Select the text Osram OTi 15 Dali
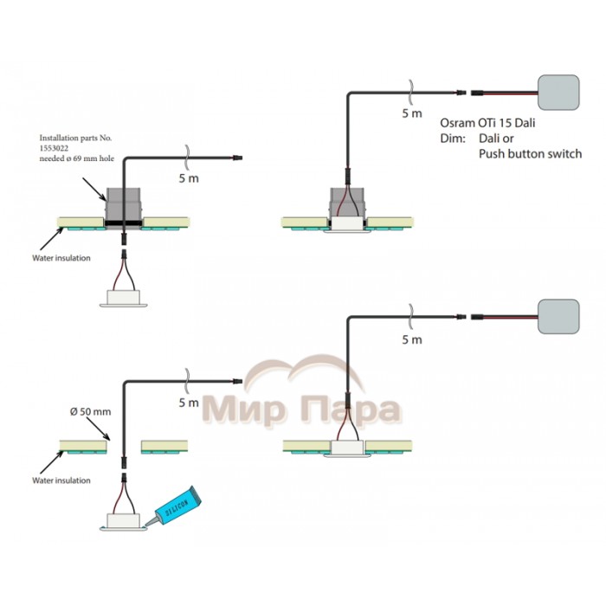pyautogui.click(x=487, y=123)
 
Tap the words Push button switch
pyautogui.click(x=530, y=153)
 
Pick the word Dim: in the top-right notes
pyautogui.click(x=452, y=139)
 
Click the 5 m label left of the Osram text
pyautogui.click(x=412, y=113)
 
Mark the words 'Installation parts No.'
pyautogui.click(x=75, y=138)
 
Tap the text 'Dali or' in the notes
pyautogui.click(x=498, y=139)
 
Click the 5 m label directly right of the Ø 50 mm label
pyautogui.click(x=188, y=403)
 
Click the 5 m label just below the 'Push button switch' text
pyautogui.click(x=412, y=339)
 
